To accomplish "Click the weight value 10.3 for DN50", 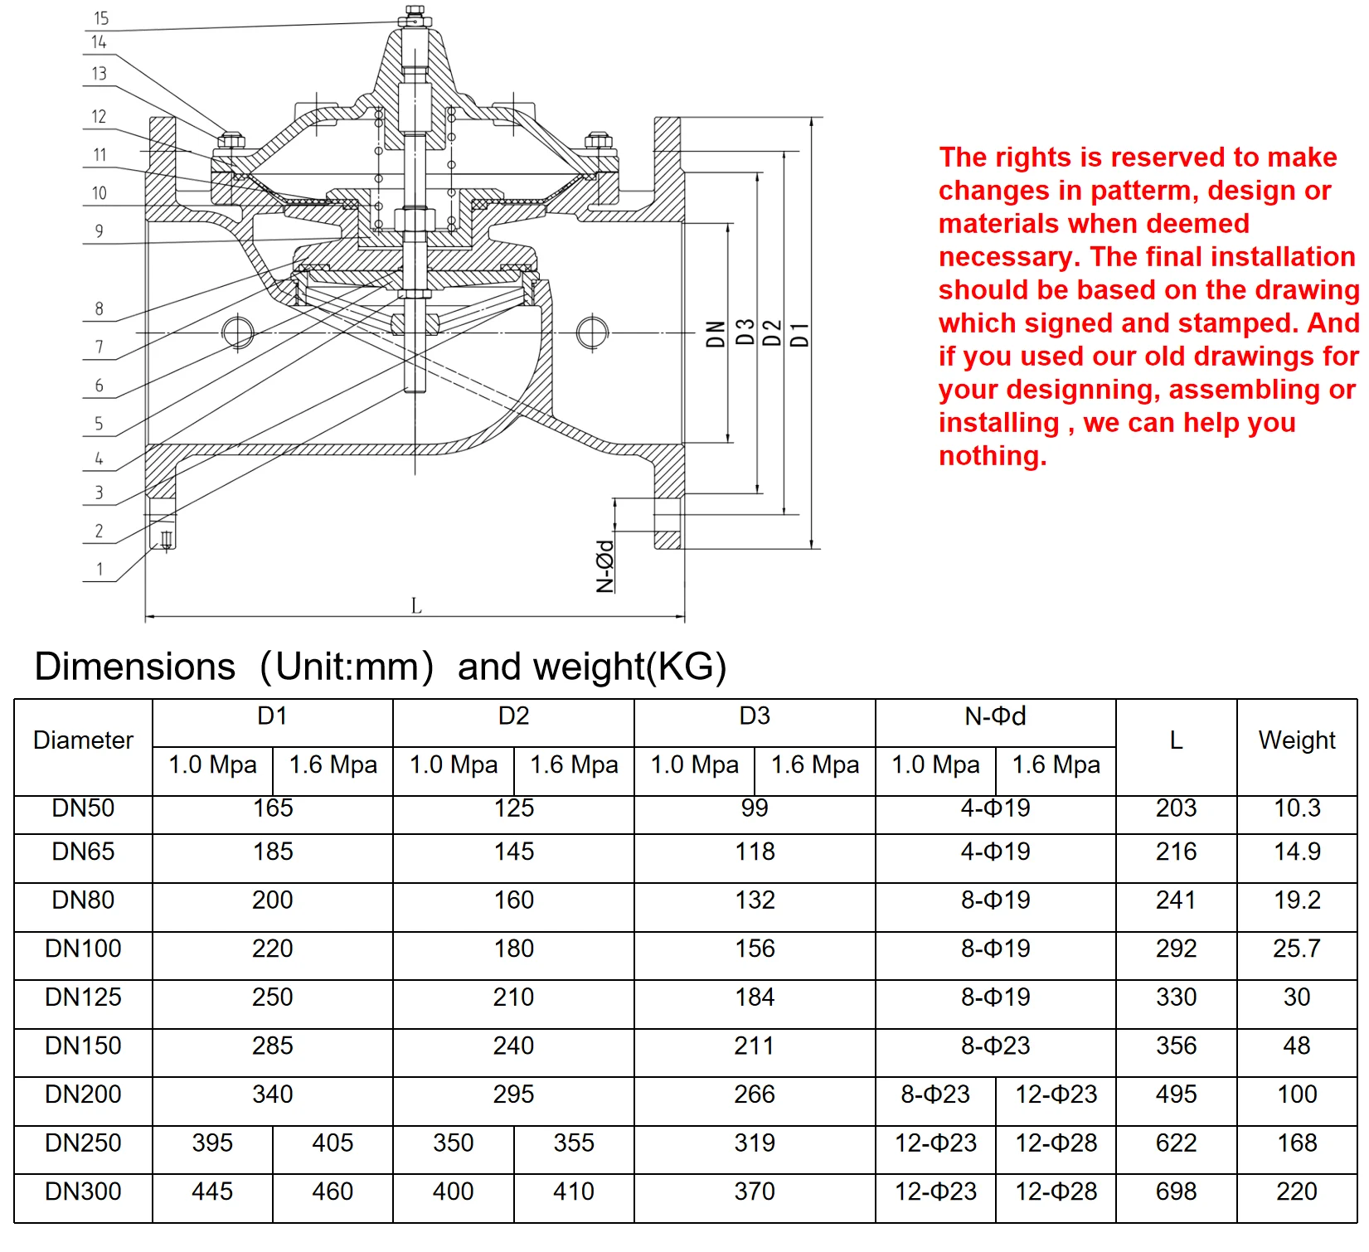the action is (x=1296, y=808).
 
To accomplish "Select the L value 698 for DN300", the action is (x=1175, y=1191).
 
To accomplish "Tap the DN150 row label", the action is (x=83, y=1046).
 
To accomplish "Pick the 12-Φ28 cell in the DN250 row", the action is (x=1056, y=1143).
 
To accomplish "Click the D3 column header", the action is (x=754, y=716).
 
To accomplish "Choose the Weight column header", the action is (x=1296, y=740).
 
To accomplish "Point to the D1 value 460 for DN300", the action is (x=333, y=1191).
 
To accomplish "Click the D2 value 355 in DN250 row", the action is (x=574, y=1143).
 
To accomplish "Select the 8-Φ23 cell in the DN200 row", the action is (x=935, y=1094).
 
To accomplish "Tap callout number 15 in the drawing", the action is (x=101, y=18).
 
